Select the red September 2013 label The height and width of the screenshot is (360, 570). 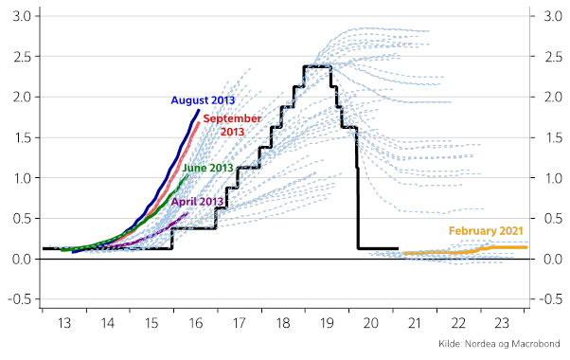pyautogui.click(x=232, y=125)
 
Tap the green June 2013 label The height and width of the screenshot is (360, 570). pyautogui.click(x=207, y=168)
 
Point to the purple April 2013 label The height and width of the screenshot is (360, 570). pyautogui.click(x=197, y=201)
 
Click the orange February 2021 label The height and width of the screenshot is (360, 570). pyautogui.click(x=487, y=231)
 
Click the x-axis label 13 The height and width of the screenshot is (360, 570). pyautogui.click(x=64, y=323)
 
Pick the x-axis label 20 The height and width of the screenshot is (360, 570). pyautogui.click(x=371, y=323)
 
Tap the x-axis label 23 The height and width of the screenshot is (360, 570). pyautogui.click(x=501, y=323)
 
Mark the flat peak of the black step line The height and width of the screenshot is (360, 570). pyautogui.click(x=316, y=66)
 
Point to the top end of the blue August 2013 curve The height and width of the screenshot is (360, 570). pyautogui.click(x=199, y=110)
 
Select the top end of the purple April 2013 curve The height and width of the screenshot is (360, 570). pyautogui.click(x=188, y=213)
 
